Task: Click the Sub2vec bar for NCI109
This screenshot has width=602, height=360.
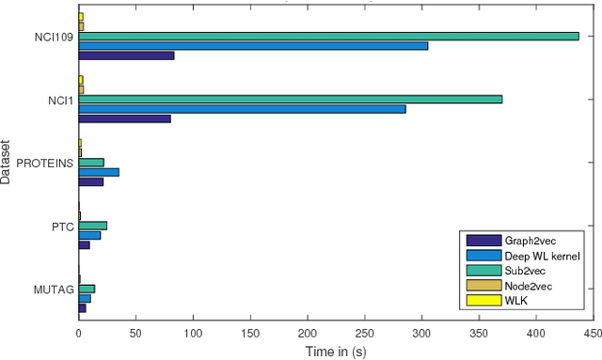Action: pyautogui.click(x=328, y=36)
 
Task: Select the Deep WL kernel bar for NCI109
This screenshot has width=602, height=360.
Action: pyautogui.click(x=253, y=45)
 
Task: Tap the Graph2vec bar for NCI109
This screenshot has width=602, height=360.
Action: pyautogui.click(x=126, y=55)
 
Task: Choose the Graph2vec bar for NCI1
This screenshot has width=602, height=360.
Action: pyautogui.click(x=124, y=118)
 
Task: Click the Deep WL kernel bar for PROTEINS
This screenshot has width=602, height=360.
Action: pyautogui.click(x=99, y=172)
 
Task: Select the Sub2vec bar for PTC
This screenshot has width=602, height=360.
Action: pyautogui.click(x=92, y=226)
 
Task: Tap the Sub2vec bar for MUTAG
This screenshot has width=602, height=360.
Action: pyautogui.click(x=87, y=289)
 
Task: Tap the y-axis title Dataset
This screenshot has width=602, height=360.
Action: pyautogui.click(x=8, y=162)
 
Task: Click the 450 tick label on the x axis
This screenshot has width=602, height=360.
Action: pyautogui.click(x=592, y=333)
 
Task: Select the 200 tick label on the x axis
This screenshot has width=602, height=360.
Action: pyautogui.click(x=307, y=333)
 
